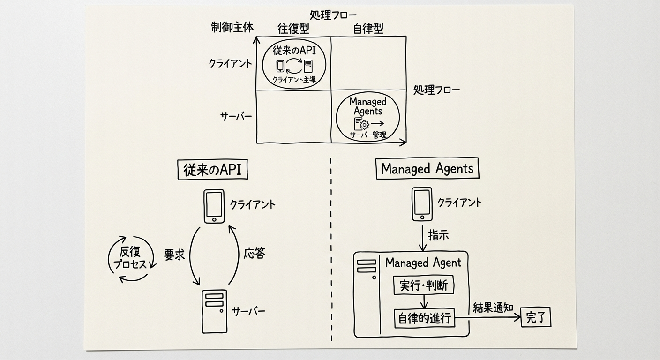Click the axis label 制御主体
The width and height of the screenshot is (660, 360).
[x=232, y=27]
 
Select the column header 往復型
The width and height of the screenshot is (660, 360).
[x=293, y=29]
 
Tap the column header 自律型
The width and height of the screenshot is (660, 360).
[x=367, y=29]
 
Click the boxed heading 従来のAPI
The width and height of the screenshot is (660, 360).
[x=212, y=170]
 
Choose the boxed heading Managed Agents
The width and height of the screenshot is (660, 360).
[x=427, y=169]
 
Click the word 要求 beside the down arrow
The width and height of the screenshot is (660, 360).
[x=174, y=255]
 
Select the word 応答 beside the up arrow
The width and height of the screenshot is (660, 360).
[x=255, y=254]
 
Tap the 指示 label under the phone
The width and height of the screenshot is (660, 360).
[x=438, y=235]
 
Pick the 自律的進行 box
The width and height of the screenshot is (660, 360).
[x=424, y=318]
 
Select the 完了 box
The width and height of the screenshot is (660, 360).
[x=536, y=318]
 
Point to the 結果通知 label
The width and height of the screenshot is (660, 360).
[x=493, y=307]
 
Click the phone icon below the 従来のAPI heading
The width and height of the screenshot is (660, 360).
[x=214, y=207]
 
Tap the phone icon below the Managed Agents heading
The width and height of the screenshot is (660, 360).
[x=421, y=204]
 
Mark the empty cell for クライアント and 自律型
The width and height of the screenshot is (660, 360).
[x=368, y=63]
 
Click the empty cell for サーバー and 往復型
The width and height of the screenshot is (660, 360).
[x=294, y=116]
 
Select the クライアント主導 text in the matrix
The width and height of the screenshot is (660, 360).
[x=293, y=80]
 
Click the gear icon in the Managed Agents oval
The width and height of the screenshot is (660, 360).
[x=364, y=124]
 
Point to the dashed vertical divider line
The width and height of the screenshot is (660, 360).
[x=331, y=248]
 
